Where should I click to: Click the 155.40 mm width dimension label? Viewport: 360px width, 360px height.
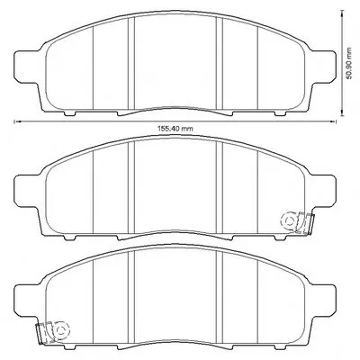coord(175,129)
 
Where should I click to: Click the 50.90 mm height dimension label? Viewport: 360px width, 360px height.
coord(348,63)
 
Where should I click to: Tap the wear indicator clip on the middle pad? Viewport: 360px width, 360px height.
coord(297,222)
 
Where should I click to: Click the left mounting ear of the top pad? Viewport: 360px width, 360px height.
coord(27,66)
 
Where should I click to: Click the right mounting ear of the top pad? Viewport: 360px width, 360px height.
coord(323,66)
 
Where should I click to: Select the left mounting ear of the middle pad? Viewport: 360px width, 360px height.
coord(27,191)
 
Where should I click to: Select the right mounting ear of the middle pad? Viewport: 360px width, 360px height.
coord(323,191)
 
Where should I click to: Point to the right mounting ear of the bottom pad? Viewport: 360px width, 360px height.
coord(323,300)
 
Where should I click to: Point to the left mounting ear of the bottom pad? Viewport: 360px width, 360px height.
coord(27,300)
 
